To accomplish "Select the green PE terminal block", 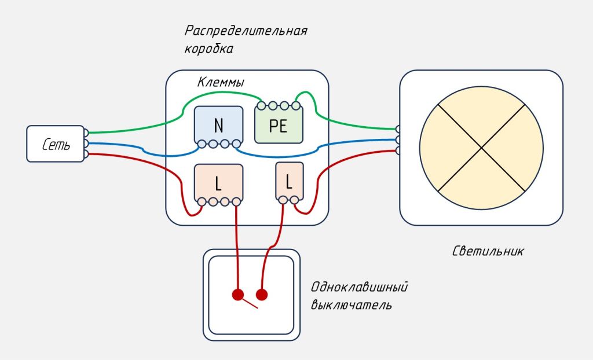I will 279,126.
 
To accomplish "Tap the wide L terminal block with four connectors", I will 218,183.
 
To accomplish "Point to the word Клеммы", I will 220,83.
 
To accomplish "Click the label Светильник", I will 488,251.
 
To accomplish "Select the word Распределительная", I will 246,31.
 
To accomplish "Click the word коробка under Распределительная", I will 209,49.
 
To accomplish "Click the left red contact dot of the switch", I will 237,295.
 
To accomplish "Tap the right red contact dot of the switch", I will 262,295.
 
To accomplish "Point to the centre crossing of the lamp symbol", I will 481,148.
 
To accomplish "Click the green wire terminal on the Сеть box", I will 86,133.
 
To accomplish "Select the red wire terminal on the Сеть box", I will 86,154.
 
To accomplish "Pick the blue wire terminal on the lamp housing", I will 398,139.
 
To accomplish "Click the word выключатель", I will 351,304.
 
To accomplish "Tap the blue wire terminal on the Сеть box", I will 86,143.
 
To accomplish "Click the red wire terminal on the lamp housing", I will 398,150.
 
